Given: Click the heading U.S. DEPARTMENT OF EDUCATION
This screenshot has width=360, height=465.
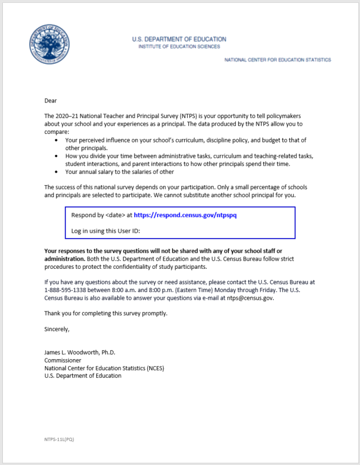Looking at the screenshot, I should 179,39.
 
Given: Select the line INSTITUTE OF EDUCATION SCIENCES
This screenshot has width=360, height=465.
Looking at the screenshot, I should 179,47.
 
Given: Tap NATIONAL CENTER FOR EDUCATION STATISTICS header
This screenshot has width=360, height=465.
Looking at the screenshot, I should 277,60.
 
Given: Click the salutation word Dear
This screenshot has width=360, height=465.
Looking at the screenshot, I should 51,100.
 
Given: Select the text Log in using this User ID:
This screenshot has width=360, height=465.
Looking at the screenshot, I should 106,230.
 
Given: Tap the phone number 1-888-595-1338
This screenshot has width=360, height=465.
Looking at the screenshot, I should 68,290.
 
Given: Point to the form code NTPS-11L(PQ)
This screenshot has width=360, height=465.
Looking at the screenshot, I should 59,439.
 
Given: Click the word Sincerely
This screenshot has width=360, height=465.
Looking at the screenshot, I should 57,329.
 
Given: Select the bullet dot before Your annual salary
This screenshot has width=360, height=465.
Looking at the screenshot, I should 56,172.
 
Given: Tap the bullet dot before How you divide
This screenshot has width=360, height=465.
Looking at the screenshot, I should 56,156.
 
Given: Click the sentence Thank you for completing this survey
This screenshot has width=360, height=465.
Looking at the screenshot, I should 105,313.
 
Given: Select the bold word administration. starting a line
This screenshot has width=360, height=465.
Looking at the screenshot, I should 65,258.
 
